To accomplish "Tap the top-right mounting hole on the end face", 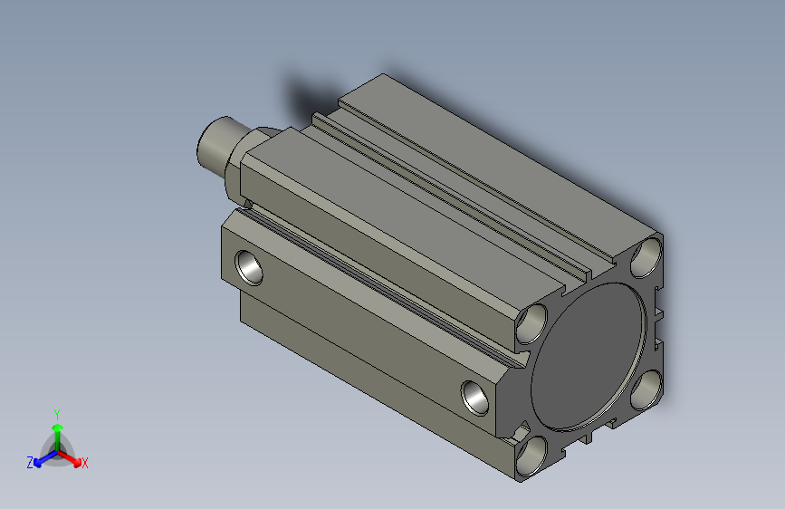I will (646, 257).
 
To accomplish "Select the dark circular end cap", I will (589, 355).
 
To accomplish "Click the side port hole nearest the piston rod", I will (249, 266).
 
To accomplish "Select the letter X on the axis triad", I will (85, 464).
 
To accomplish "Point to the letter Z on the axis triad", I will (30, 462).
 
